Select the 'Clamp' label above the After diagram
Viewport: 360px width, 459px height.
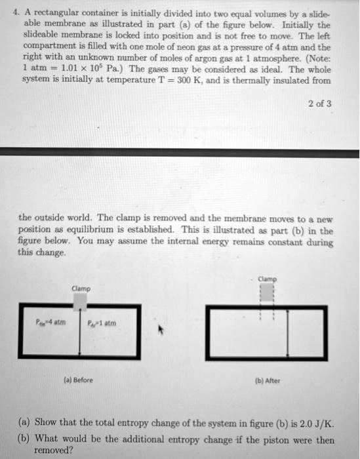click(x=267, y=278)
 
